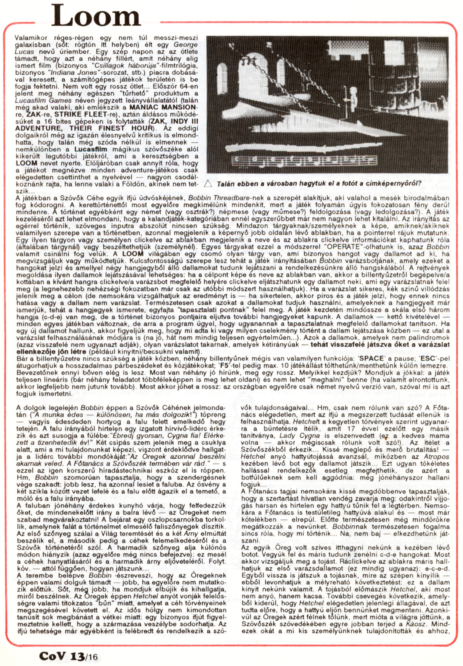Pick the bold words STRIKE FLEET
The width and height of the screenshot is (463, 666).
coord(77,114)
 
